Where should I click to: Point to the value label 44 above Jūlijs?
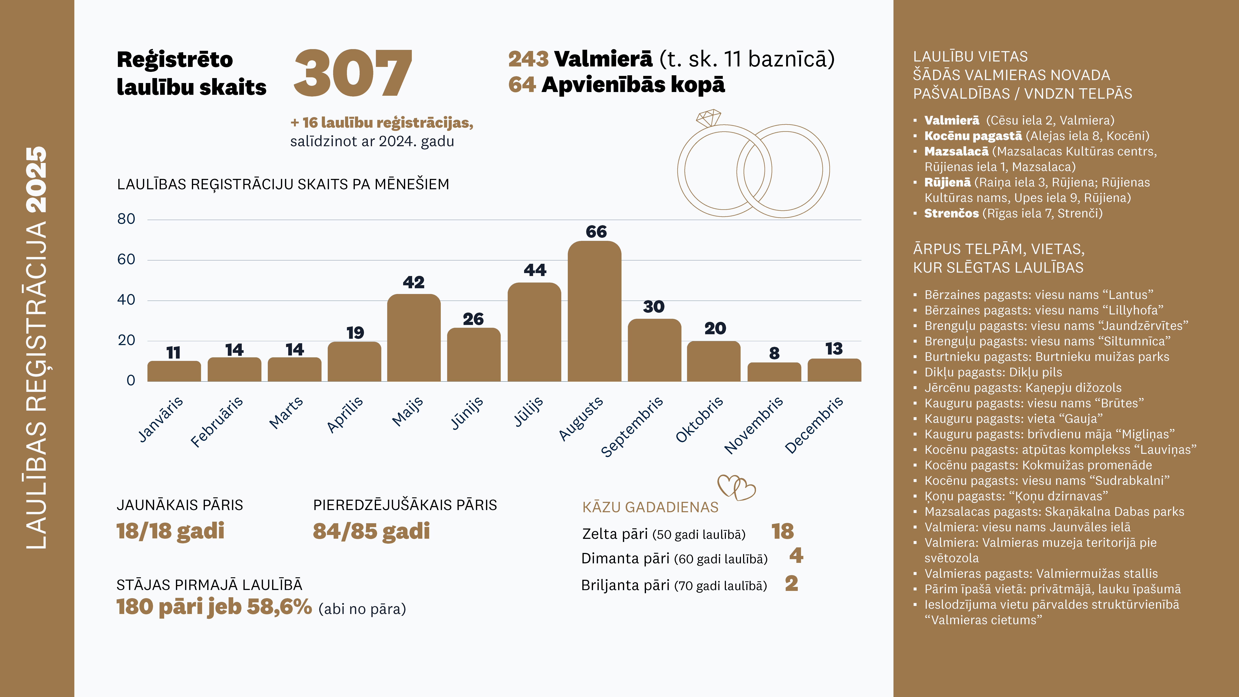pos(535,270)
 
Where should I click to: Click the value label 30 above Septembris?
pos(654,306)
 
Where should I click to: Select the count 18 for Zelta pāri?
pos(783,532)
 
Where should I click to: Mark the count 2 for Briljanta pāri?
pos(791,584)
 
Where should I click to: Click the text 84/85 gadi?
pos(371,531)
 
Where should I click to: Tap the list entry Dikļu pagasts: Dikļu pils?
pos(993,372)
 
